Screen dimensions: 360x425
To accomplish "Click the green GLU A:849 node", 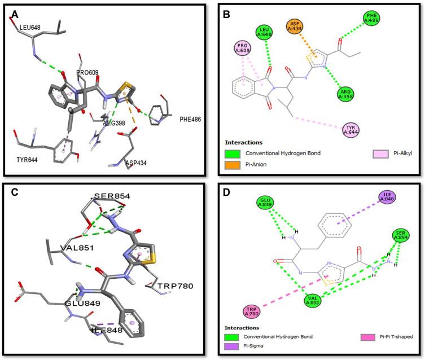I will point(265,203).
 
